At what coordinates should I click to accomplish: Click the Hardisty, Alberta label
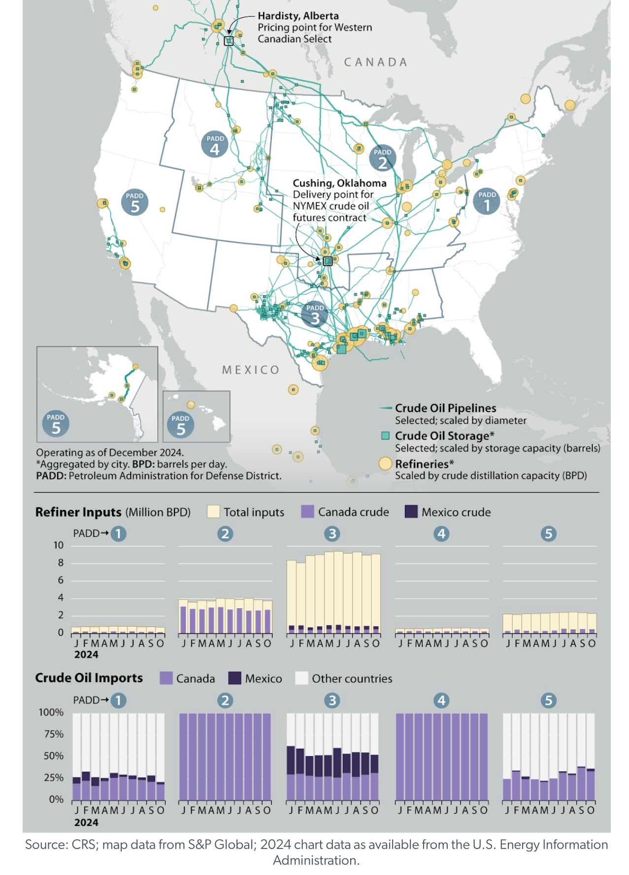pyautogui.click(x=298, y=16)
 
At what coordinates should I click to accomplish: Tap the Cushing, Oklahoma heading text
pyautogui.click(x=339, y=183)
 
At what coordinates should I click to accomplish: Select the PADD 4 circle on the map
pyautogui.click(x=215, y=144)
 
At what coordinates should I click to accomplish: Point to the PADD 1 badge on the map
pyautogui.click(x=487, y=200)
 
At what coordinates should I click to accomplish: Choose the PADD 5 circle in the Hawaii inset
pyautogui.click(x=180, y=425)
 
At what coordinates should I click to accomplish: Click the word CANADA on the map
pyautogui.click(x=375, y=62)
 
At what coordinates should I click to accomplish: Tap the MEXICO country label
pyautogui.click(x=251, y=370)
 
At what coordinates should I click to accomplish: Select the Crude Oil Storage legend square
pyautogui.click(x=386, y=436)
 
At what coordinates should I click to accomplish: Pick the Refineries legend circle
pyautogui.click(x=385, y=464)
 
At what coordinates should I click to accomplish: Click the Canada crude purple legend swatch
pyautogui.click(x=307, y=512)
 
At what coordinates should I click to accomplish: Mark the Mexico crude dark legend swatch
pyautogui.click(x=411, y=512)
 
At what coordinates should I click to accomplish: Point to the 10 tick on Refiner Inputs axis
pyautogui.click(x=59, y=545)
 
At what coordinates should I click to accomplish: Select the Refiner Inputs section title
pyautogui.click(x=78, y=512)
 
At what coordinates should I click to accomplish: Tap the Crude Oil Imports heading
pyautogui.click(x=89, y=678)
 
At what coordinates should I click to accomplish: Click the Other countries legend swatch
pyautogui.click(x=301, y=679)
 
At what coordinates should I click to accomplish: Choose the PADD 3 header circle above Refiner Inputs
pyautogui.click(x=332, y=534)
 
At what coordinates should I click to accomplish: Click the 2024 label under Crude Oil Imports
pyautogui.click(x=86, y=822)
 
